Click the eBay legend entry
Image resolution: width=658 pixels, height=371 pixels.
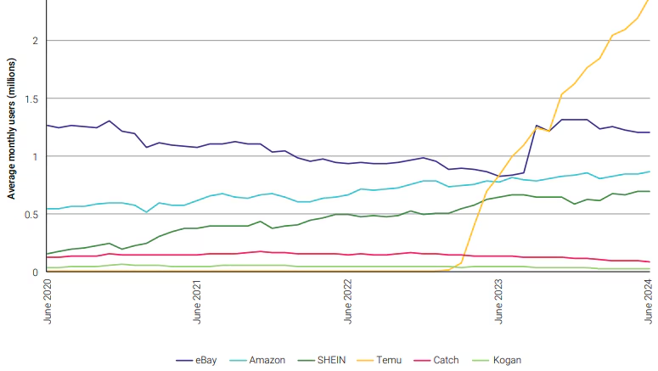click(205, 360)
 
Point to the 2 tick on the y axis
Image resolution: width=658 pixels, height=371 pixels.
click(35, 41)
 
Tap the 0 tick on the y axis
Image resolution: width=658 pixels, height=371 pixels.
click(35, 272)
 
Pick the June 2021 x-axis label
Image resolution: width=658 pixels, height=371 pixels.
click(197, 301)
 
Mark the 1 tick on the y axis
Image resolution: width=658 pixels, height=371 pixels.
click(35, 156)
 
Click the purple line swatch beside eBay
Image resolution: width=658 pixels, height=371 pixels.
click(183, 360)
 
